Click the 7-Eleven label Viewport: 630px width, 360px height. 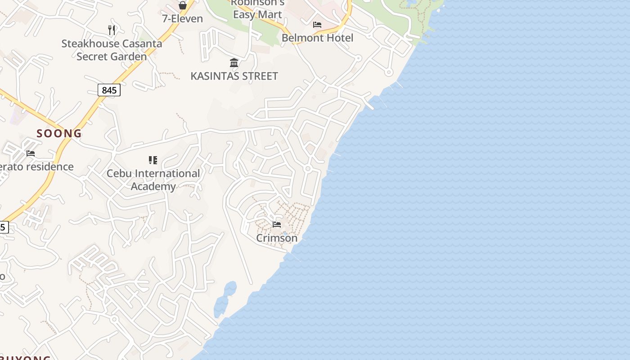coord(182,18)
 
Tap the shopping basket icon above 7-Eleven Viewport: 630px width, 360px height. coord(183,5)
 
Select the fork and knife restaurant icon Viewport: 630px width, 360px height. coord(112,30)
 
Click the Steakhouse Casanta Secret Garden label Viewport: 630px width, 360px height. coord(112,50)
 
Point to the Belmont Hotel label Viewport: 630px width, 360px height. coord(317,38)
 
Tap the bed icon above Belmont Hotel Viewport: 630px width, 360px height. coord(317,25)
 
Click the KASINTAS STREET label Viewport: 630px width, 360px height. coord(234,76)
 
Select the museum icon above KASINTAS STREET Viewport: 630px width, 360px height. coord(234,63)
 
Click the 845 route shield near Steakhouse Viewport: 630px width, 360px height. coord(109,90)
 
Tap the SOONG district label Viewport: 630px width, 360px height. coord(59,134)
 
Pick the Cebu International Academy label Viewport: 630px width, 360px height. coord(153,180)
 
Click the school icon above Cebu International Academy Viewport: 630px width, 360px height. coord(153,160)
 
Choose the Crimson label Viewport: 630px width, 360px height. coord(277,238)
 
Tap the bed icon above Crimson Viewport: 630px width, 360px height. coord(277,224)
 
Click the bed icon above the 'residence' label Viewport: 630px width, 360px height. coord(31,153)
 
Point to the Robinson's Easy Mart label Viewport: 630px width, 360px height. coord(258,9)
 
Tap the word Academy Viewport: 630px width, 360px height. coord(153,186)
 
